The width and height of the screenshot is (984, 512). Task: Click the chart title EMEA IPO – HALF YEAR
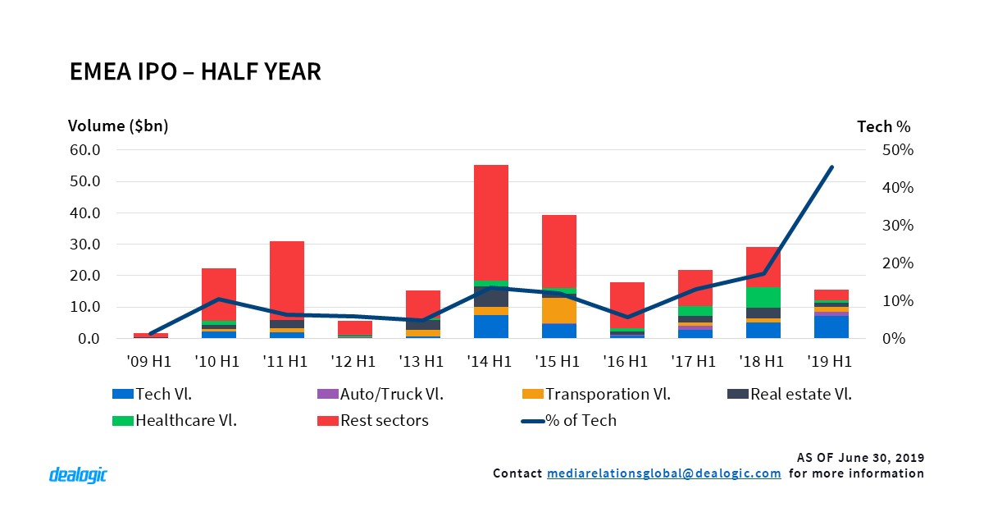195,72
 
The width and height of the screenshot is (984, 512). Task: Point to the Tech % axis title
883,126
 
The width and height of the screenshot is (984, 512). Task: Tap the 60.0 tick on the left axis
84,150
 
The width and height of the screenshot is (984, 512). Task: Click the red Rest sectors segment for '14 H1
490,222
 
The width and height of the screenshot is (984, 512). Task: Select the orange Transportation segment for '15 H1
558,310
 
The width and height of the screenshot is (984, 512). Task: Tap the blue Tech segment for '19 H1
831,327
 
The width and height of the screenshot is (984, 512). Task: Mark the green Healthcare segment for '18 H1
763,297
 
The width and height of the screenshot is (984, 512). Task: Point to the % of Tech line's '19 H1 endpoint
831,167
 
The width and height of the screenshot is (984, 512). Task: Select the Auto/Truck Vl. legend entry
376,394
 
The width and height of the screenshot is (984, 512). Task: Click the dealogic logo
78,474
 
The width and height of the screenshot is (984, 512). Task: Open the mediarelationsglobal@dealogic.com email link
663,473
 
